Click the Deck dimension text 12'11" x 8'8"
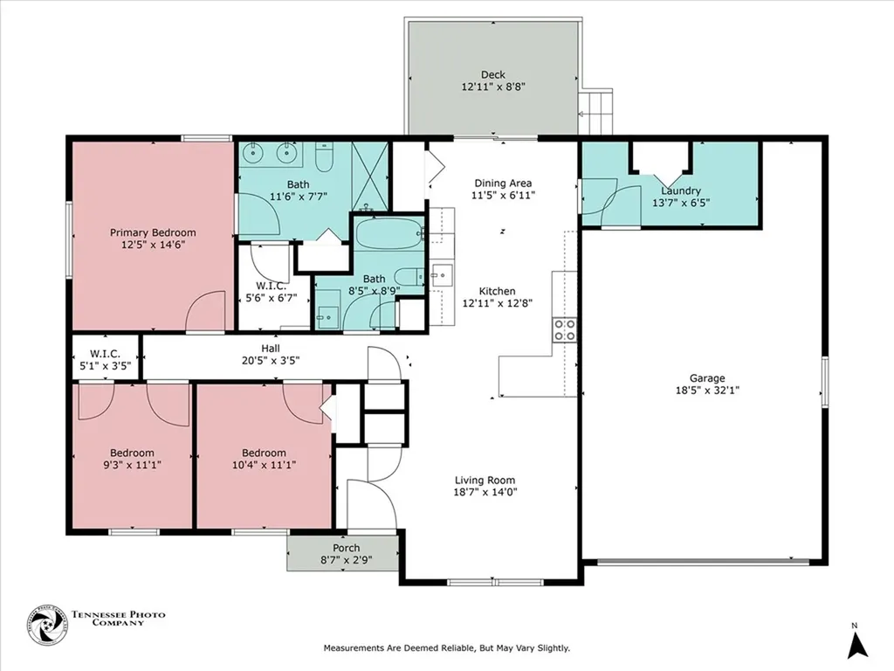pos(493,87)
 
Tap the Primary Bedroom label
pos(153,232)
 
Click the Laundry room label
pos(681,190)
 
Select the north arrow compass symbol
pos(857,645)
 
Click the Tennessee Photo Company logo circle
pos(47,626)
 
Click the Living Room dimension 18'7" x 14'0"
pos(485,492)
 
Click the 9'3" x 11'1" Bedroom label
pos(132,453)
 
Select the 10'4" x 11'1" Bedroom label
pos(264,453)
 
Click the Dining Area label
pos(502,183)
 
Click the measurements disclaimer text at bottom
pos(447,648)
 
